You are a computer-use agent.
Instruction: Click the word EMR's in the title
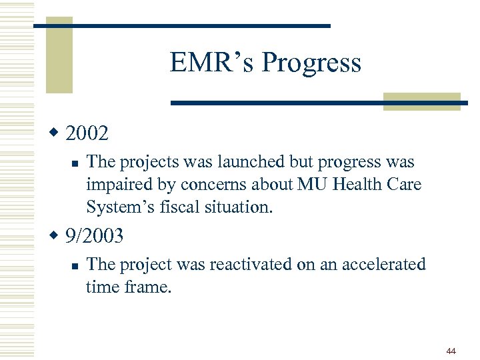[x=212, y=63]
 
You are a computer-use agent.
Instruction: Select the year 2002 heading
[x=87, y=133]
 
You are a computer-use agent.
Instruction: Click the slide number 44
[x=451, y=351]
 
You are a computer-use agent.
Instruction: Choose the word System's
[x=117, y=207]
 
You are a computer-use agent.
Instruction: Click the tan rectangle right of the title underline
[x=422, y=101]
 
